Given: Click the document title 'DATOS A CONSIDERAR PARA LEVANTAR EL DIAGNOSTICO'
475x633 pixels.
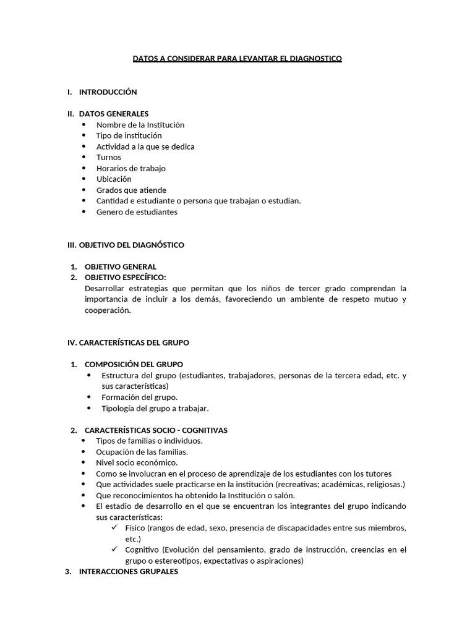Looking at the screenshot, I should [237, 59].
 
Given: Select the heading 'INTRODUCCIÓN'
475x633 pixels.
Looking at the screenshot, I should [108, 92].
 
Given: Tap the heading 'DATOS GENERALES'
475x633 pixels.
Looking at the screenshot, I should [114, 114].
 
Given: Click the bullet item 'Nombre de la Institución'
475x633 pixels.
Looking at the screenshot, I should [140, 125].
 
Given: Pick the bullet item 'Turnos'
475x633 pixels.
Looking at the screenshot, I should [108, 157].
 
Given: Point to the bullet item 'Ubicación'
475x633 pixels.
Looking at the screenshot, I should [114, 179].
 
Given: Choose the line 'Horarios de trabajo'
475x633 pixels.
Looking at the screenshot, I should [131, 168].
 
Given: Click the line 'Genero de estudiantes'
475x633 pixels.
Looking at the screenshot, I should [137, 212].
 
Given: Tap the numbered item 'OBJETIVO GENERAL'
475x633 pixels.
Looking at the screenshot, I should [120, 266].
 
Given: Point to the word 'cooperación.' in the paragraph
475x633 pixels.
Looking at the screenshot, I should [108, 310].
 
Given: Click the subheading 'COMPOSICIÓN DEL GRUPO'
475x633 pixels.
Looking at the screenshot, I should [134, 364].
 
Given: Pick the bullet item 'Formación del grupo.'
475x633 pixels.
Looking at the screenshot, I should [139, 397].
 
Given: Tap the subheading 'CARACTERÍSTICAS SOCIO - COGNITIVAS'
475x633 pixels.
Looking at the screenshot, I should [156, 430].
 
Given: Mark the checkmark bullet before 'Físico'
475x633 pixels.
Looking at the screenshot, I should [114, 528].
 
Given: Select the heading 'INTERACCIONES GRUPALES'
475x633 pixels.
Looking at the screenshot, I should [128, 572].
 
